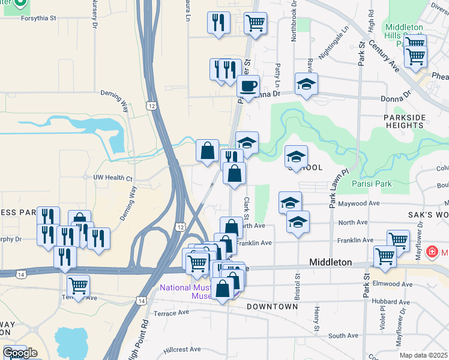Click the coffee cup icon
[x=247, y=85]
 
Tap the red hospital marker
[x=431, y=251]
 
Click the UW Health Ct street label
[x=112, y=178]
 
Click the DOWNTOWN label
[x=272, y=307]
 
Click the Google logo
[x=19, y=353]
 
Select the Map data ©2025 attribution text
[x=423, y=355]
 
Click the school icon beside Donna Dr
[x=306, y=84]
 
